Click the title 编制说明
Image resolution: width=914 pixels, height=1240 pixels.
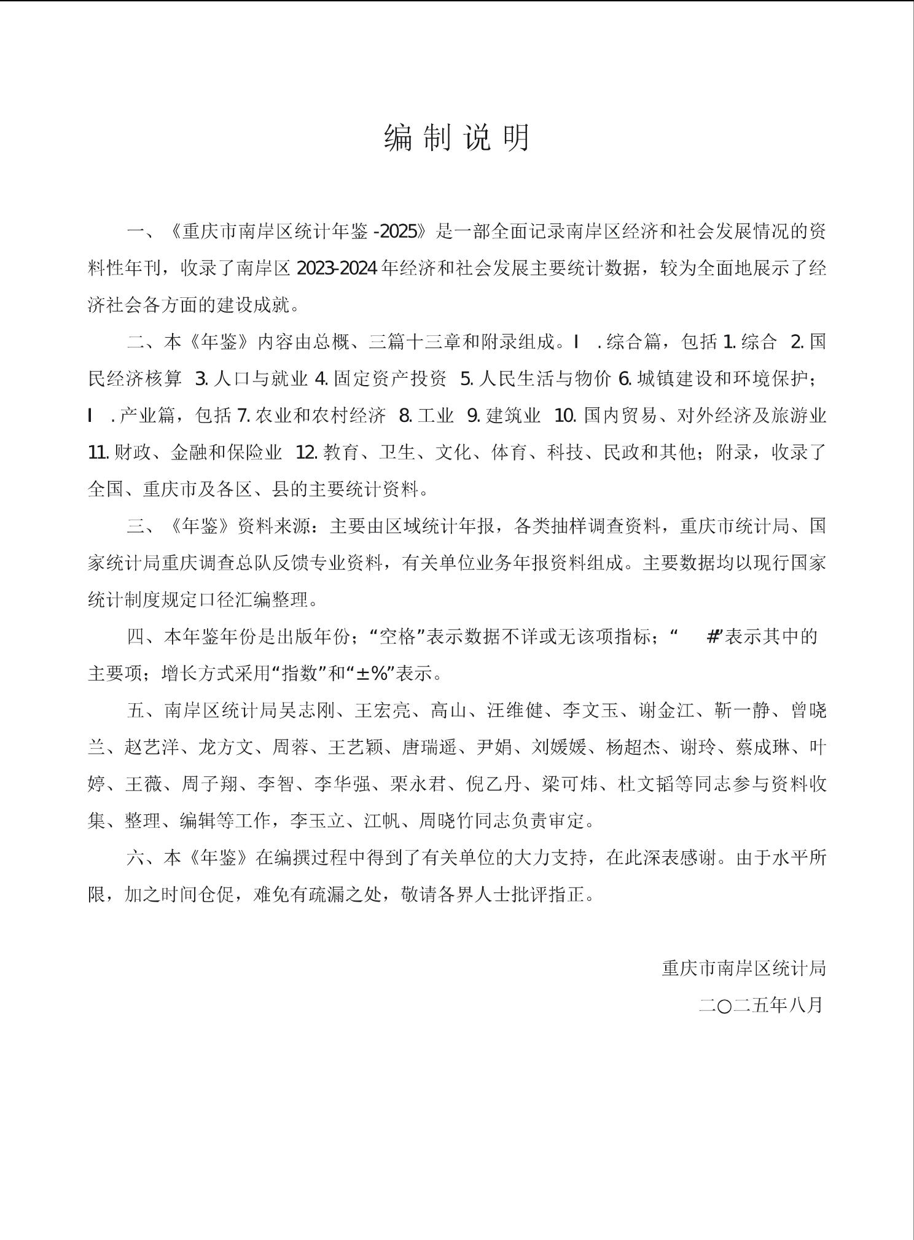pos(457,138)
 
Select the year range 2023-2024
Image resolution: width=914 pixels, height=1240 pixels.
pos(337,268)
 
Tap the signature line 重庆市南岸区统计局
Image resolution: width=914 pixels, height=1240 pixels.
pos(743,969)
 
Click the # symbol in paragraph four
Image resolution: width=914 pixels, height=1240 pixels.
pos(713,637)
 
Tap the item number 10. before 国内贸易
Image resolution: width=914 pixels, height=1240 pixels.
pos(565,416)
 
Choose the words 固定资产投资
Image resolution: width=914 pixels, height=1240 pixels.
pos(390,379)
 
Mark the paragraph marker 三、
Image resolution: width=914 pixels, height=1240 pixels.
pos(140,526)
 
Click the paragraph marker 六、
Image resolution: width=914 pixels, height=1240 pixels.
pos(140,858)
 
